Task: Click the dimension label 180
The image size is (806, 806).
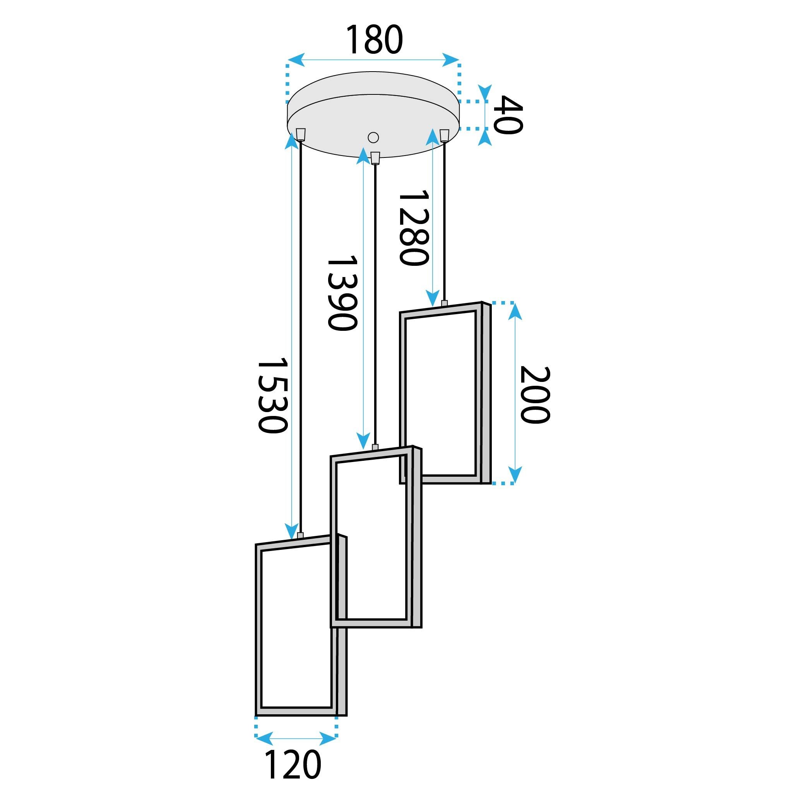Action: coord(374,39)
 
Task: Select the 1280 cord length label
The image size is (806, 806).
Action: coord(413,228)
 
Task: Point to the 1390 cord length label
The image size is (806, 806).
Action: coord(342,293)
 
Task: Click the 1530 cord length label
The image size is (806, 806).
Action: coord(272,395)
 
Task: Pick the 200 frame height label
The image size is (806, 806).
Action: coord(534,395)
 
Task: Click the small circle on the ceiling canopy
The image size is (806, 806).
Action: coord(373,137)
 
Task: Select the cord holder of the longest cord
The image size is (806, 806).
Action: coord(300,134)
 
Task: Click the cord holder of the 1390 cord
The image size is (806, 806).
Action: coord(375,157)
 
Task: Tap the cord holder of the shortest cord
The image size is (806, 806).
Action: coord(444,135)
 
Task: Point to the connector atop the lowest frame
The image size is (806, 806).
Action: coord(300,535)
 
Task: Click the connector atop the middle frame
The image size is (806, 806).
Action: coord(375,447)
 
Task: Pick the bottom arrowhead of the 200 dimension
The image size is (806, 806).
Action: coord(516,475)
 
